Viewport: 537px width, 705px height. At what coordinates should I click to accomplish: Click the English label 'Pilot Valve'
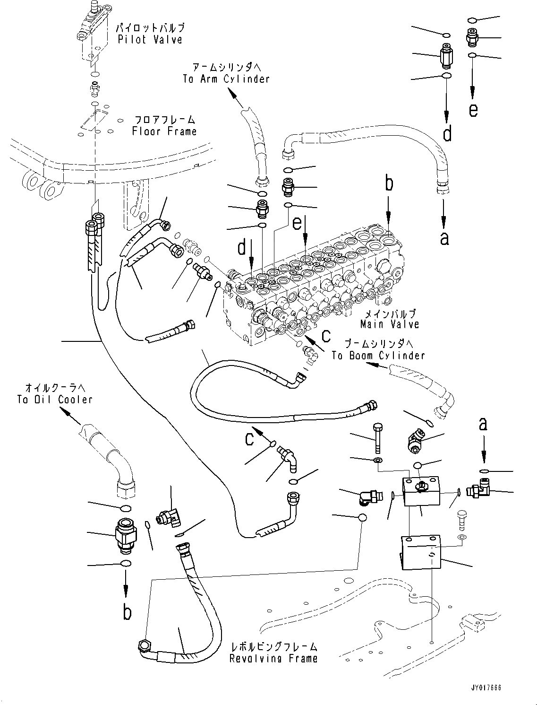point(150,40)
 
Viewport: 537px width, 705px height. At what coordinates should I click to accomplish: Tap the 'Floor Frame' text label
point(164,131)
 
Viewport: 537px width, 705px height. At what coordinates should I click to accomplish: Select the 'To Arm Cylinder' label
point(226,79)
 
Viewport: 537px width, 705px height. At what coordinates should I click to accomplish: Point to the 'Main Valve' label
point(390,324)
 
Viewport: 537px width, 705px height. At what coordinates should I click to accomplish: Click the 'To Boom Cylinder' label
point(378,356)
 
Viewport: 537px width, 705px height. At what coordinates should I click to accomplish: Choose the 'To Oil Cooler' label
point(55,400)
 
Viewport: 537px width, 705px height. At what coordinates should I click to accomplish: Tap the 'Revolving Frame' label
point(273,658)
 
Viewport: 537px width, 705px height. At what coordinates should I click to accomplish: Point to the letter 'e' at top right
point(473,110)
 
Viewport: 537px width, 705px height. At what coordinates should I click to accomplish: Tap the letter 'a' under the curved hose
point(444,238)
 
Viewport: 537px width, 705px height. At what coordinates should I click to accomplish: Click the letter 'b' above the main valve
point(389,183)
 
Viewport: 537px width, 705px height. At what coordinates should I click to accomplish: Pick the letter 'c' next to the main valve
point(326,335)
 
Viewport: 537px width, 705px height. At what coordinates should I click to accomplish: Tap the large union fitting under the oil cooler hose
point(126,535)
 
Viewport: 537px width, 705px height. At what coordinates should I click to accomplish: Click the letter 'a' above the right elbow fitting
point(483,424)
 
